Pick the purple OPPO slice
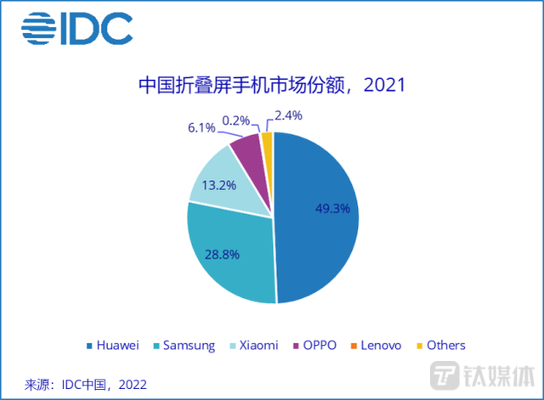point(247,149)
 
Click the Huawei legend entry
point(116,345)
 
